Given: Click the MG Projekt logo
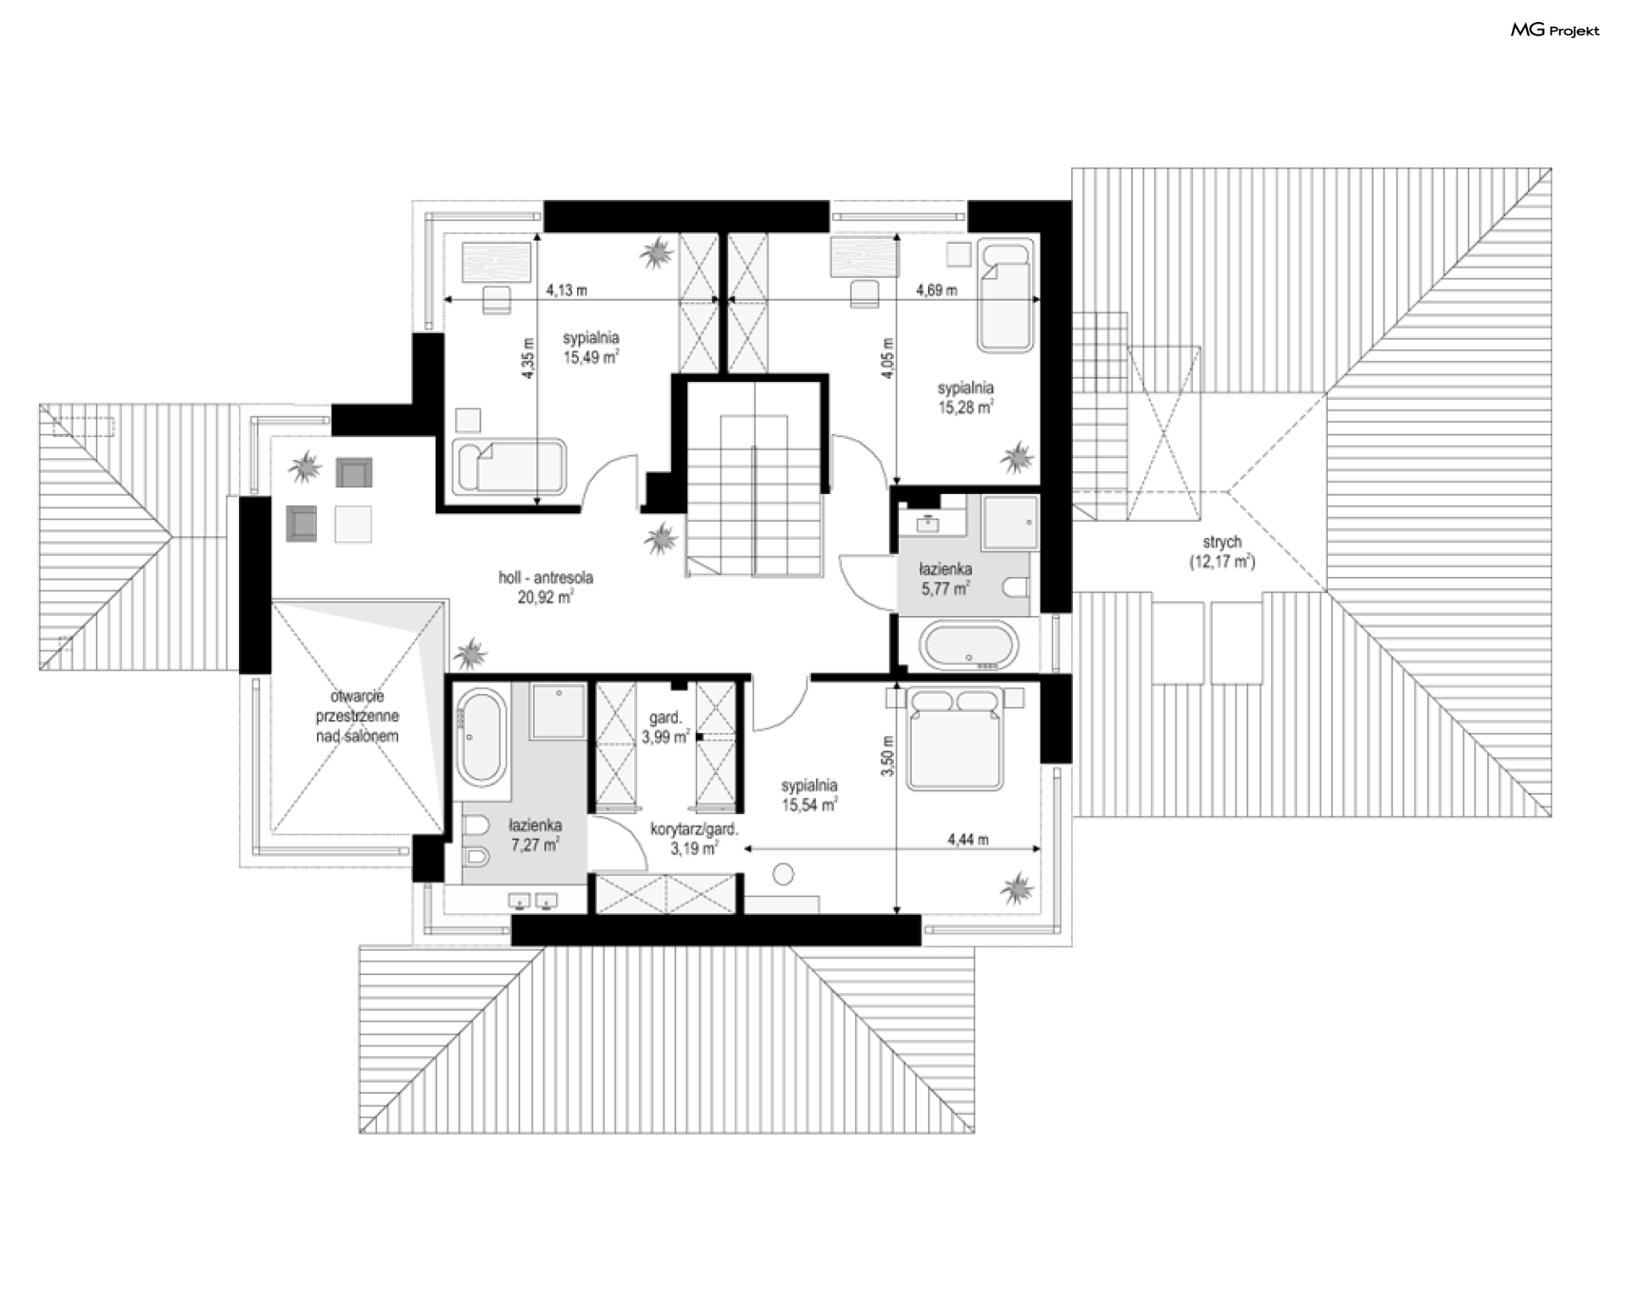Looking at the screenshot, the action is click(1555, 30).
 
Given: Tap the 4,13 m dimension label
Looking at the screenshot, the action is click(567, 290).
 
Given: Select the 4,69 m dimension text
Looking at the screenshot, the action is click(936, 290).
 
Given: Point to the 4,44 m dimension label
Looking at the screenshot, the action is click(968, 840).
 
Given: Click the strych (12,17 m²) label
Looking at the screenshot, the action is click(1221, 551).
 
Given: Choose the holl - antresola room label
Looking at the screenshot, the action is click(546, 587).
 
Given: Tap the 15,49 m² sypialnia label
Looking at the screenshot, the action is click(591, 347).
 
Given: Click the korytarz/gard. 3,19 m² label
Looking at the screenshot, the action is click(694, 839).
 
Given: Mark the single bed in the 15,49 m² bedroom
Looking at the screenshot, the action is click(509, 466).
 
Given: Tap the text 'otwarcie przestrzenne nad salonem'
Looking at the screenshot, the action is click(357, 716).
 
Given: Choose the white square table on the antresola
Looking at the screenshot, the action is click(353, 524).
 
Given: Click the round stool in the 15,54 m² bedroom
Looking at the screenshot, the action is click(784, 874).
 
